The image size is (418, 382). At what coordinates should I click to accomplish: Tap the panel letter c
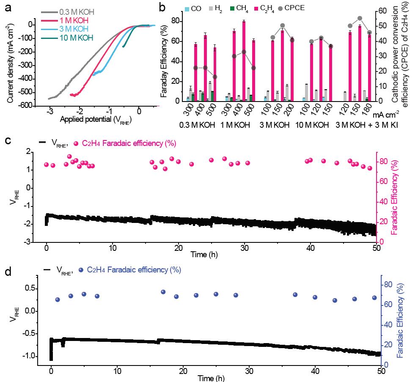[7, 140]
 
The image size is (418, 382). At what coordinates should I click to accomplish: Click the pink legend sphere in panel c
[77, 144]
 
